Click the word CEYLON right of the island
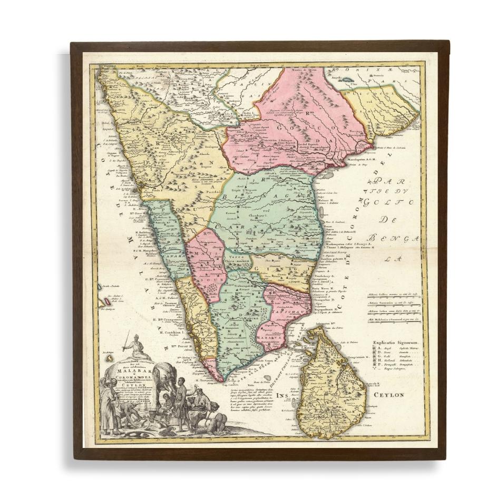coord(390,394)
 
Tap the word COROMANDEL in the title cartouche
coord(129,380)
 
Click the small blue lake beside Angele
coord(349,77)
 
